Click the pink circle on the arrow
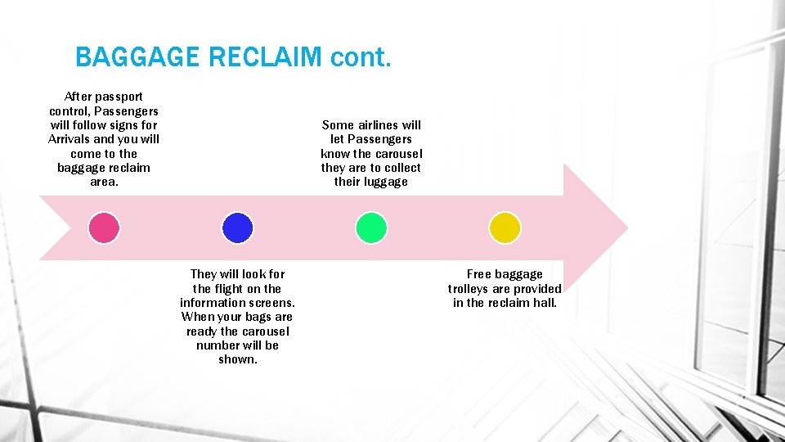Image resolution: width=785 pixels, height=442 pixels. [x=104, y=228]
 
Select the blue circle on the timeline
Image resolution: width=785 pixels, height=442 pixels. [x=237, y=228]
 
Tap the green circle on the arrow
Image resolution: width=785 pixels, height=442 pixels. [x=371, y=228]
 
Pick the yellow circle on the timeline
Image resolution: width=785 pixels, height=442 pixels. [x=505, y=228]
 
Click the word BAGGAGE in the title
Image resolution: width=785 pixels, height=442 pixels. [x=137, y=57]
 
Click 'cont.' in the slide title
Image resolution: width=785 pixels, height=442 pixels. [x=361, y=57]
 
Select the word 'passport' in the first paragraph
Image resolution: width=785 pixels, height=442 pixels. [x=120, y=97]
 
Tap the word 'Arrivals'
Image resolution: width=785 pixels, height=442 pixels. [x=70, y=139]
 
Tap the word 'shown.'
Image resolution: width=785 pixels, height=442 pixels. [x=237, y=359]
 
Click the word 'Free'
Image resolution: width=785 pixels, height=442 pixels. [x=479, y=274]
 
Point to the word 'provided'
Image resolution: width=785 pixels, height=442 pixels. [x=537, y=289]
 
